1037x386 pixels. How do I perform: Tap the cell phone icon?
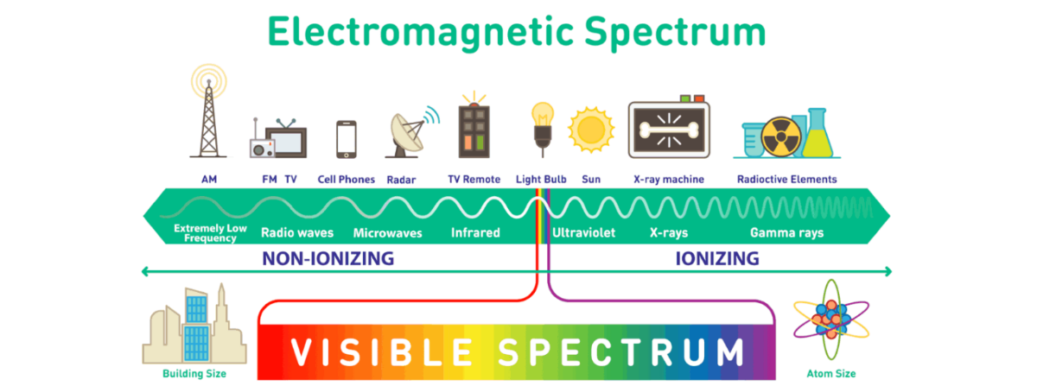[347, 138]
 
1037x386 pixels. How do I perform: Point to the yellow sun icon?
[592, 130]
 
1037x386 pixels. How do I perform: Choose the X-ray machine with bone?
[669, 130]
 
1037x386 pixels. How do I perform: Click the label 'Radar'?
[402, 180]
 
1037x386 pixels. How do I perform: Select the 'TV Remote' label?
[474, 180]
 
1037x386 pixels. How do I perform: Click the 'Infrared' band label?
[475, 233]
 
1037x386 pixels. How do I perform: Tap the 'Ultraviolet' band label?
[583, 233]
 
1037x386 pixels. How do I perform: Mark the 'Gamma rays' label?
[786, 233]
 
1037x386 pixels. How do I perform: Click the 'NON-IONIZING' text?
[328, 258]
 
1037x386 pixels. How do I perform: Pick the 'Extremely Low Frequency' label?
[205, 233]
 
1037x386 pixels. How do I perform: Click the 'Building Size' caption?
[194, 374]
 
